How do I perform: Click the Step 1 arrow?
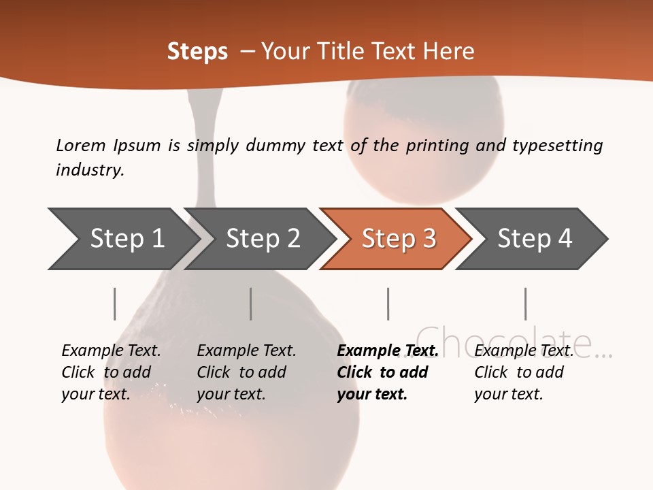tap(122, 239)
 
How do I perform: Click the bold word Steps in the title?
tap(197, 52)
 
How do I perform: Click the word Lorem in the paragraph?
tap(80, 145)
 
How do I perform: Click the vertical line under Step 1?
tap(115, 304)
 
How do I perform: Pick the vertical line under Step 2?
tap(251, 304)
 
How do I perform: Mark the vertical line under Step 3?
tap(388, 304)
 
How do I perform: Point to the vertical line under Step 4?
tap(525, 304)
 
